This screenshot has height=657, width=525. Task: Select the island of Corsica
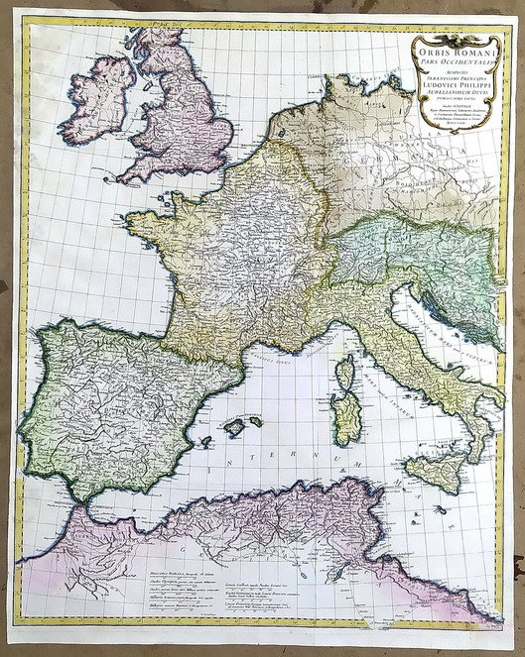click(346, 377)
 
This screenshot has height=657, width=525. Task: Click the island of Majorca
click(236, 427)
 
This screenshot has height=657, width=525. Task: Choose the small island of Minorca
click(255, 420)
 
